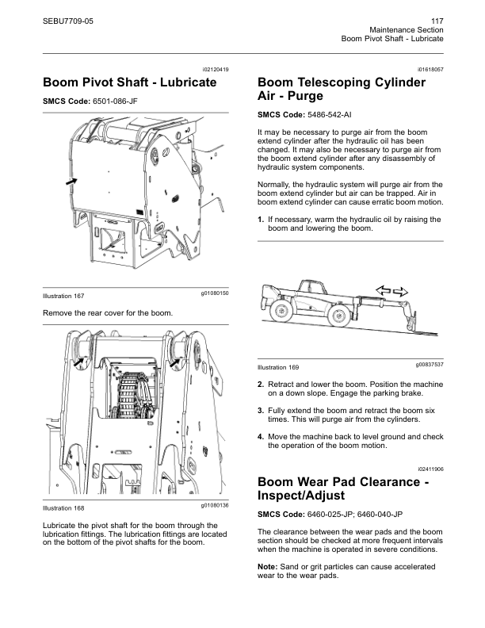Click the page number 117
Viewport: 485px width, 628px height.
click(x=437, y=21)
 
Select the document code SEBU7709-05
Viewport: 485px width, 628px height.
click(x=68, y=21)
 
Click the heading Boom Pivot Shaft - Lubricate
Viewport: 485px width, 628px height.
click(x=130, y=82)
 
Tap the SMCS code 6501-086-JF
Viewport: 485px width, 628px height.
click(x=115, y=101)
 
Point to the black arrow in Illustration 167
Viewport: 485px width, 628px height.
click(x=71, y=182)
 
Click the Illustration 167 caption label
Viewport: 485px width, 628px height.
click(x=63, y=296)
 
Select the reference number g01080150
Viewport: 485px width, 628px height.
click(x=215, y=293)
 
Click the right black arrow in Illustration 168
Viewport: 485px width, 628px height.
click(x=175, y=362)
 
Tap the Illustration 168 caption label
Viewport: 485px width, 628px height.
click(x=63, y=508)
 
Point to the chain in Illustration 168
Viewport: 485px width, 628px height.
click(x=129, y=395)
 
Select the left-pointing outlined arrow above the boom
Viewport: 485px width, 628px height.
click(x=383, y=290)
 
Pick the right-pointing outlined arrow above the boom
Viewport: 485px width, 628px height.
click(x=400, y=292)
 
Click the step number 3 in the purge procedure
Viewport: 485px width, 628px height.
click(x=261, y=411)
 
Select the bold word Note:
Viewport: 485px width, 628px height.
click(x=267, y=567)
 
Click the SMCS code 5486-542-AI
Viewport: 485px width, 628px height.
click(x=330, y=115)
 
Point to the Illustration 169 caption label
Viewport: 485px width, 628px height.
click(x=278, y=367)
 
